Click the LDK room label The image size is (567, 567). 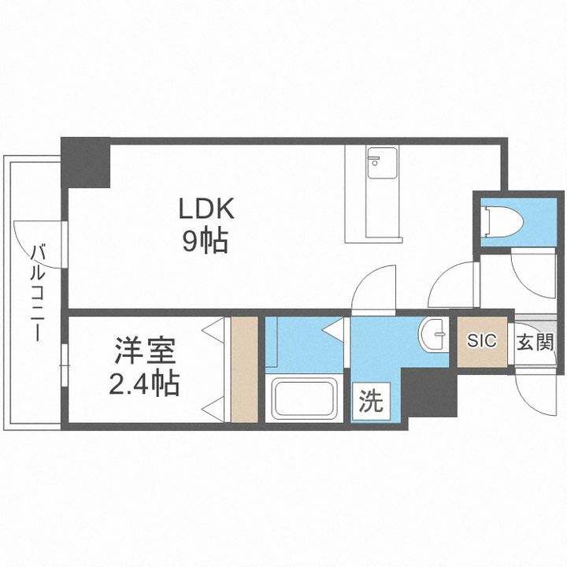pos(206,210)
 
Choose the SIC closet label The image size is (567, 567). pos(482,341)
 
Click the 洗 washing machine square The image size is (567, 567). pos(372,402)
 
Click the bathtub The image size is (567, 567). pos(304,399)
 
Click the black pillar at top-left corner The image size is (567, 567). pos(86,162)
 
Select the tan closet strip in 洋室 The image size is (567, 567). pos(245,369)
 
